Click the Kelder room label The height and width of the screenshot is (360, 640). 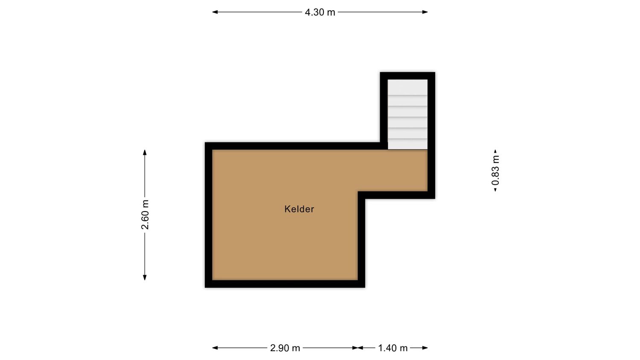tap(299, 209)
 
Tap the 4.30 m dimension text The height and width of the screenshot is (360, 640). tap(320, 12)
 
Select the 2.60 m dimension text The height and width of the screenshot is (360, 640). tap(145, 215)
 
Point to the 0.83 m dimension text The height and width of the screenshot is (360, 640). tap(495, 170)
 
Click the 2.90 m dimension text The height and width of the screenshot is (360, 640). tap(285, 348)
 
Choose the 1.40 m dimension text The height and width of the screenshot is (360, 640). tap(393, 348)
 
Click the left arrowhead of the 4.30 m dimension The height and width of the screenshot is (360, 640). tap(215, 12)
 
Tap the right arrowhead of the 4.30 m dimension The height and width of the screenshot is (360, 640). tap(425, 12)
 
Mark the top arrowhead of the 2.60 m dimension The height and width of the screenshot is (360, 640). tap(145, 152)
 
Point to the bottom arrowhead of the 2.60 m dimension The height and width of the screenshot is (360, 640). tap(145, 277)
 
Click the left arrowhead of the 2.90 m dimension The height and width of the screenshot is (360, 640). tap(215, 348)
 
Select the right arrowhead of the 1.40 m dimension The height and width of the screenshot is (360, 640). tap(425, 348)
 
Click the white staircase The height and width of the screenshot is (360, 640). tap(407, 114)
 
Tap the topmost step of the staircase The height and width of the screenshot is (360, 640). tap(407, 87)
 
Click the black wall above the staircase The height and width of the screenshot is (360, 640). tap(407, 76)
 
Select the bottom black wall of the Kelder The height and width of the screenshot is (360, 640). tap(285, 284)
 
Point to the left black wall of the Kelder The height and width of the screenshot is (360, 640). tap(209, 215)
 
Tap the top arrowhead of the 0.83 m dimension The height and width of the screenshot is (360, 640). tap(495, 151)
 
